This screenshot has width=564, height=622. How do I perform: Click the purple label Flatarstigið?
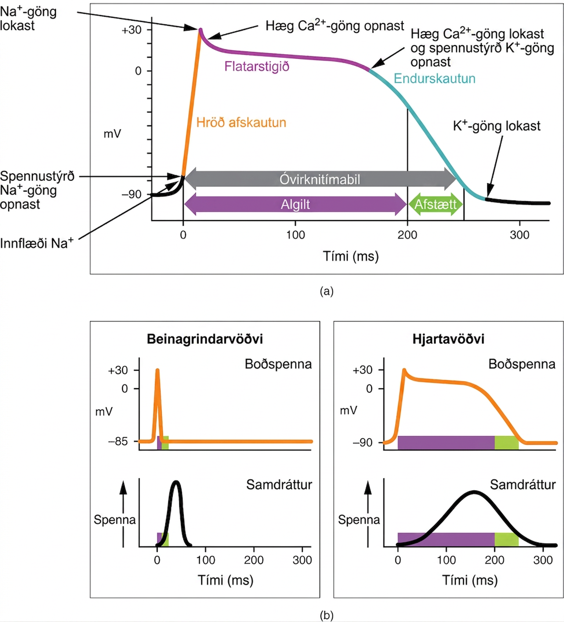(257, 67)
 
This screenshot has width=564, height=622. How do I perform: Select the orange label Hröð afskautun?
(241, 122)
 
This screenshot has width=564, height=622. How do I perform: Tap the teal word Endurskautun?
(435, 78)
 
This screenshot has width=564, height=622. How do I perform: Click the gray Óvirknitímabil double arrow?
(320, 179)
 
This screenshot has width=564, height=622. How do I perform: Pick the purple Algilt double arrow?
(295, 204)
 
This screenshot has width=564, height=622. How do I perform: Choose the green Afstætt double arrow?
(436, 204)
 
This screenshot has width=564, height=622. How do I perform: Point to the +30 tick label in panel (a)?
(132, 30)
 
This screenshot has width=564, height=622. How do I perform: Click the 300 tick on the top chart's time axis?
(519, 235)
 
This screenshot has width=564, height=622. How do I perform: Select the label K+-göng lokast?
(496, 126)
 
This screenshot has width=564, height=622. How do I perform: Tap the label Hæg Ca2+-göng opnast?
(335, 25)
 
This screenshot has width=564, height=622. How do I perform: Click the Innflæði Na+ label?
(37, 243)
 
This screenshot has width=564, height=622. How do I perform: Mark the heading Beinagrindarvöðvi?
(205, 339)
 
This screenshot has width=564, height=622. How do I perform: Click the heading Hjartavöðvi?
(448, 339)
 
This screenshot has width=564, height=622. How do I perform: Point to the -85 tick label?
(118, 442)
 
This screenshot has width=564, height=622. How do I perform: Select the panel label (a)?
(327, 292)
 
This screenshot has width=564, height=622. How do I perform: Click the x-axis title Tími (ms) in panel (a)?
(351, 256)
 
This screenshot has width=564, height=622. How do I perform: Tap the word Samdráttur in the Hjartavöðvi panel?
(523, 485)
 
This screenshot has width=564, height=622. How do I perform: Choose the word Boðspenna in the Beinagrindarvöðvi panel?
(278, 364)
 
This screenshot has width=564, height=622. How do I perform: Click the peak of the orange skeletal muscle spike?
(157, 370)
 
